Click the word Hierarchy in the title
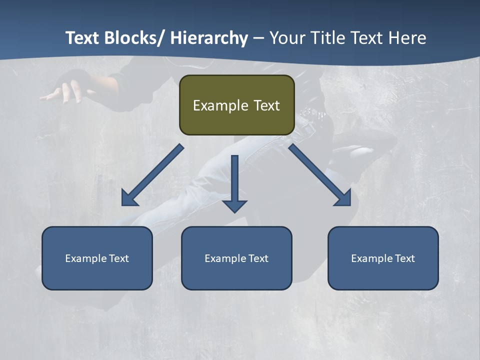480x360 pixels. [209, 38]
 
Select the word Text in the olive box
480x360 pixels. [266, 105]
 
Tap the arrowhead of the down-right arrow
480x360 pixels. [344, 198]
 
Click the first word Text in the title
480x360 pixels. [82, 38]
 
